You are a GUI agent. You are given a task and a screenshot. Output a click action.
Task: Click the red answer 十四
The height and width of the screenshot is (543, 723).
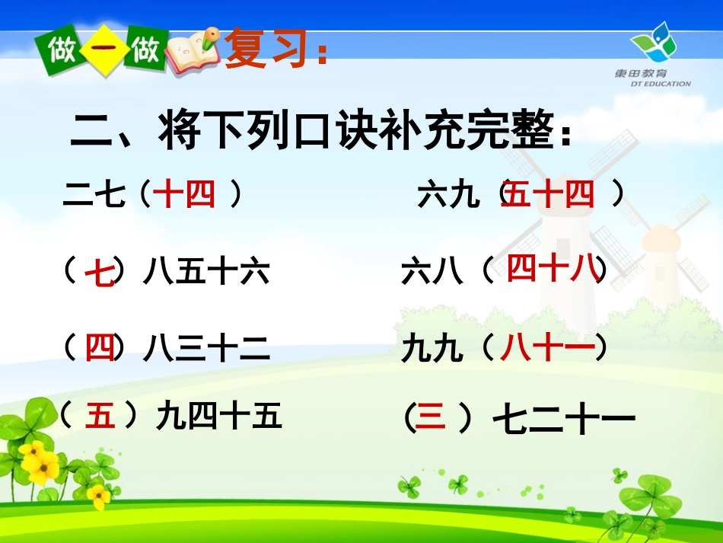184,196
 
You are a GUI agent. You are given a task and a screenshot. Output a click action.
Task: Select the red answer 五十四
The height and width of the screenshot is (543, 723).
549,196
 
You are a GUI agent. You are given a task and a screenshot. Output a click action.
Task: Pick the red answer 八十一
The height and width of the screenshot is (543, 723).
547,347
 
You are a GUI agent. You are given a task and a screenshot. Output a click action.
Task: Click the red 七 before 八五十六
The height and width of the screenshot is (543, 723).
100,273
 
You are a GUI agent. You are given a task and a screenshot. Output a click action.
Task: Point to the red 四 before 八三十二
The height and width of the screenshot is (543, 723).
100,347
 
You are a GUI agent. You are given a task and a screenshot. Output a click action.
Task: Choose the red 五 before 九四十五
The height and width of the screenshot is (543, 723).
100,416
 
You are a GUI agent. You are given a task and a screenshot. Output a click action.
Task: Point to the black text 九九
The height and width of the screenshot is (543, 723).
432,349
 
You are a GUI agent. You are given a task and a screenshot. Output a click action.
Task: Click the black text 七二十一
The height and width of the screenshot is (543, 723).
563,419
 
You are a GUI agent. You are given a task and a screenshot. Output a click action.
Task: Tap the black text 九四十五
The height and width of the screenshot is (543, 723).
219,417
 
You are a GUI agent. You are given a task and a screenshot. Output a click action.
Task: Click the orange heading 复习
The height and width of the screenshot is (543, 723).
269,50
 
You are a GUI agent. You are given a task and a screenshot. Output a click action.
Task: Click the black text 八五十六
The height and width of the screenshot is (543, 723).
206,272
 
